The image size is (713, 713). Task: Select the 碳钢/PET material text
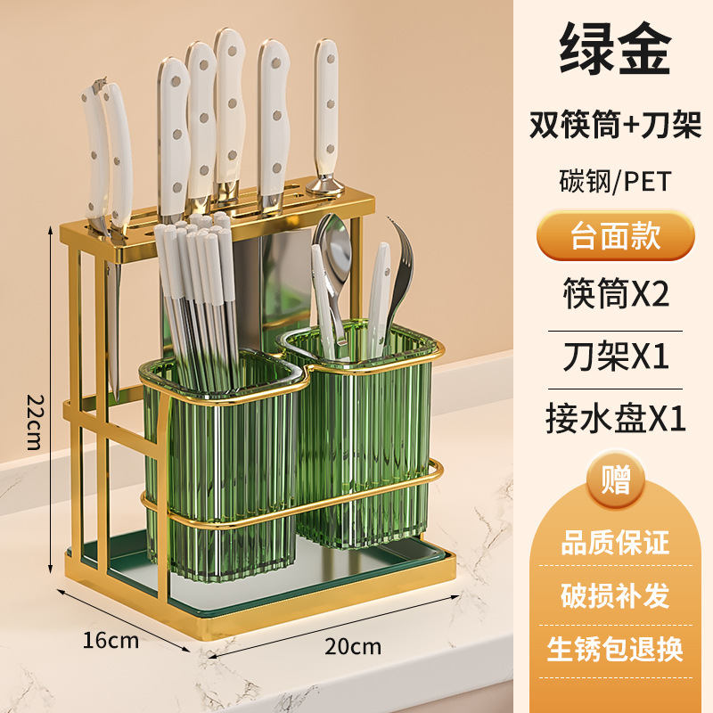pyautogui.click(x=615, y=181)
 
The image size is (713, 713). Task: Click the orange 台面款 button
pyautogui.click(x=615, y=236)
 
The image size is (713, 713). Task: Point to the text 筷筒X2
pyautogui.click(x=615, y=292)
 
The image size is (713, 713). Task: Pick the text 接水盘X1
pyautogui.click(x=615, y=418)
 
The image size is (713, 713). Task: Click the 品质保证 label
pyautogui.click(x=615, y=542)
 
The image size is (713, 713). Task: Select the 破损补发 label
pyautogui.click(x=615, y=595)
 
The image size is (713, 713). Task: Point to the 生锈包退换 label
pyautogui.click(x=615, y=649)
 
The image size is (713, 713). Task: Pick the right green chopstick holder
pyautogui.click(x=365, y=437)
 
